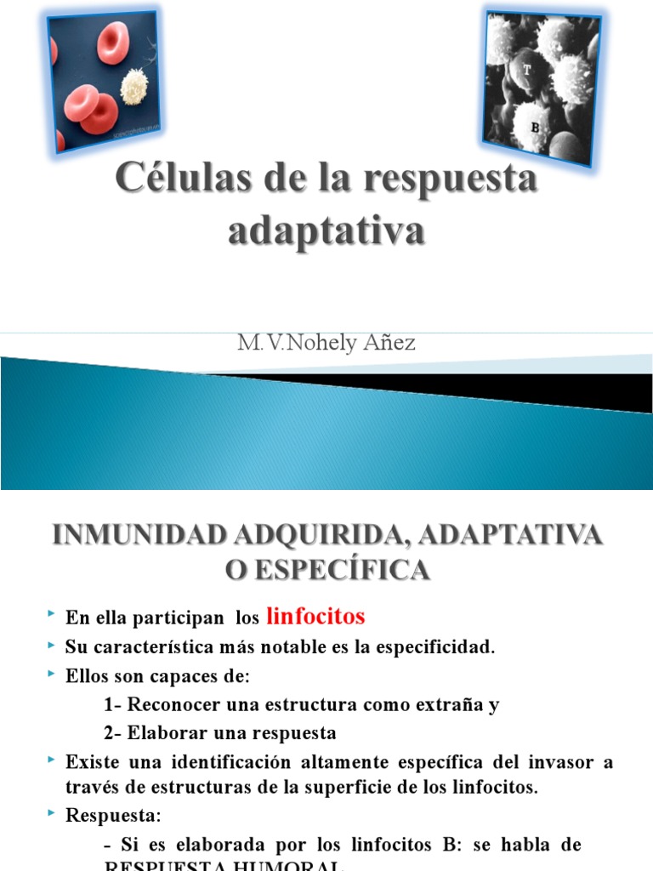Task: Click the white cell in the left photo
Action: [133, 87]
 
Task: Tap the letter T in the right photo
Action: [527, 72]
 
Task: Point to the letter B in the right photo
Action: [536, 127]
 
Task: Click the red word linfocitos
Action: [315, 616]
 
